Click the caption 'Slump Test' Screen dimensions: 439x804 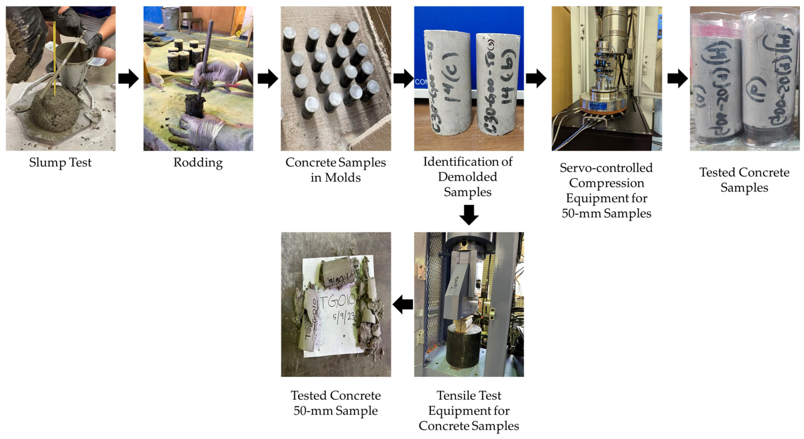pyautogui.click(x=60, y=163)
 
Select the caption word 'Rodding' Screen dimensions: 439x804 pyautogui.click(x=198, y=163)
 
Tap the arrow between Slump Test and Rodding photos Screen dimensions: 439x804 pyautogui.click(x=128, y=79)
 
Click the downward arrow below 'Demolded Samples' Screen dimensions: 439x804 pyautogui.click(x=469, y=215)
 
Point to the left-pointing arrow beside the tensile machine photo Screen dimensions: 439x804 pyautogui.click(x=403, y=304)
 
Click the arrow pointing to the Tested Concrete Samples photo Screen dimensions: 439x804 pyautogui.click(x=677, y=79)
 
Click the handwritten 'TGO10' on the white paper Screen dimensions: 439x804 pyautogui.click(x=337, y=301)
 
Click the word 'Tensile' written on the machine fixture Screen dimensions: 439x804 pyautogui.click(x=455, y=282)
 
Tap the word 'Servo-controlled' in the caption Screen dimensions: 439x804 pyautogui.click(x=606, y=168)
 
